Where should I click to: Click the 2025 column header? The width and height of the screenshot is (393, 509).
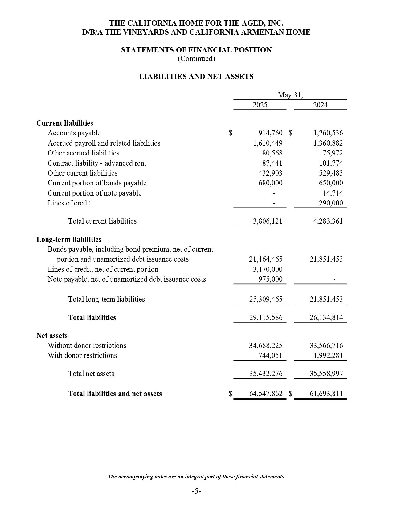260,105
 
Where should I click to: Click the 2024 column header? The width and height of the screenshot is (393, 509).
320,105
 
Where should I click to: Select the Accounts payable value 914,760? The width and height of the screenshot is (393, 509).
270,133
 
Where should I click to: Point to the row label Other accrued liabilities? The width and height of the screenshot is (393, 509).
83,153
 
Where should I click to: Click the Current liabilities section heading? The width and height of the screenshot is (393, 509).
65,123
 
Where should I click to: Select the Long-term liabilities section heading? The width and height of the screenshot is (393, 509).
69,239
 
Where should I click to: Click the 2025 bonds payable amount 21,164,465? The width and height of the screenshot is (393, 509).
265,259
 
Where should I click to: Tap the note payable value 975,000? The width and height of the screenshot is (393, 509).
270,279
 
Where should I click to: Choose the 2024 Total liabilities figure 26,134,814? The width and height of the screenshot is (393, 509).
326,317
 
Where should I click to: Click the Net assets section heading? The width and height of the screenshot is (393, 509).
52,336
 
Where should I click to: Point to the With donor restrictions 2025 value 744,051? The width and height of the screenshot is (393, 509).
270,355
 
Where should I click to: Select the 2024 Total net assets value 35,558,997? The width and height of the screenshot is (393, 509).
326,374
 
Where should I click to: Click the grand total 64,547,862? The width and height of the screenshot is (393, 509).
265,394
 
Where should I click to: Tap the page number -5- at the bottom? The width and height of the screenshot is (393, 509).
196,491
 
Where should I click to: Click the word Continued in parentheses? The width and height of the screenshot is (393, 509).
196,59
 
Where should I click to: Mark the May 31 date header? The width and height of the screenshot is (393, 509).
290,95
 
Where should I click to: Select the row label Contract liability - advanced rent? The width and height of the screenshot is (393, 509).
97,163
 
